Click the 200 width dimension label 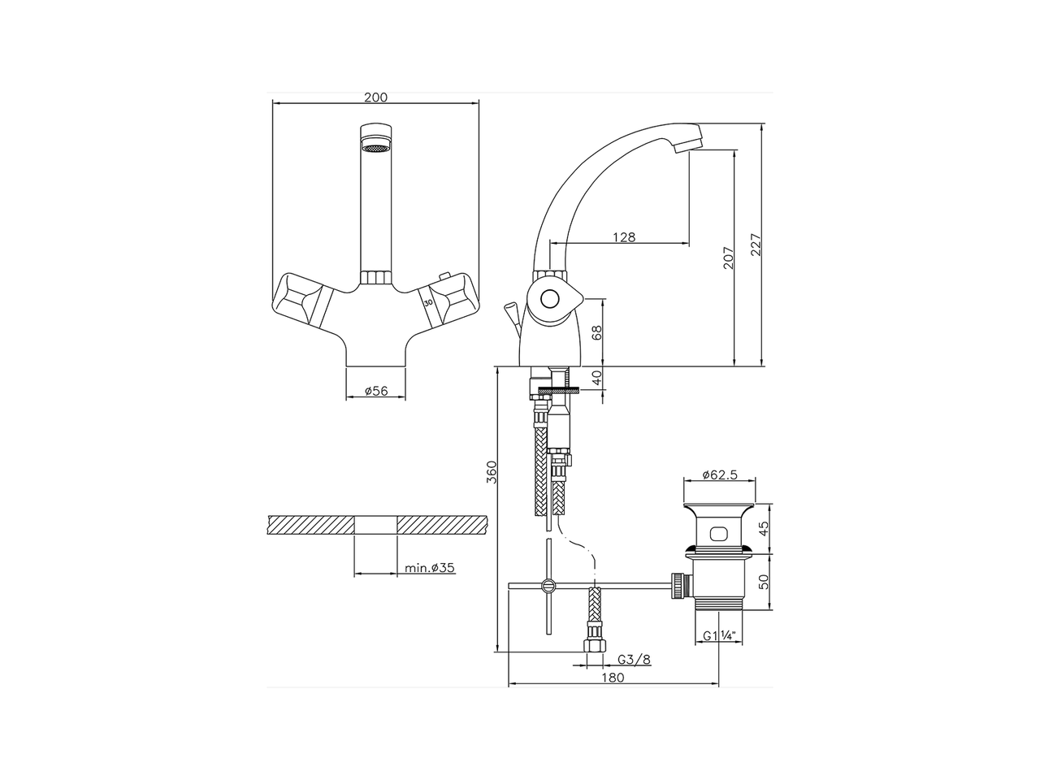[x=375, y=97]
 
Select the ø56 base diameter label [x=376, y=391]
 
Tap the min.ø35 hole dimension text [x=430, y=568]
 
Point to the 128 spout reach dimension [x=624, y=237]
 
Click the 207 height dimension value [x=728, y=258]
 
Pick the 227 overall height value [x=756, y=245]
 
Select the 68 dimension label [x=597, y=332]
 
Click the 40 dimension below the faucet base [x=597, y=378]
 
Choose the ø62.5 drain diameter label [x=720, y=474]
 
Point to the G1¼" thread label [x=720, y=636]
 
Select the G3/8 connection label [x=634, y=659]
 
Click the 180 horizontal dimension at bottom [x=613, y=678]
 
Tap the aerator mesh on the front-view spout [x=375, y=149]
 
